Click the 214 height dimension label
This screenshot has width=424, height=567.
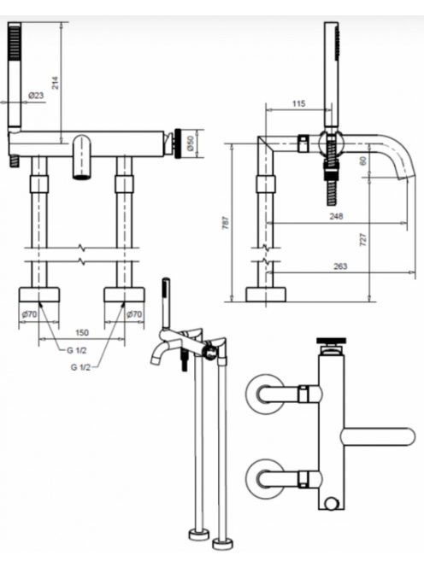(55, 83)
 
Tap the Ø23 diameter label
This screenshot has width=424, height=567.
(36, 96)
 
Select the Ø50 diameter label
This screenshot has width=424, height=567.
(191, 143)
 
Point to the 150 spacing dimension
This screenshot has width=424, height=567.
(81, 332)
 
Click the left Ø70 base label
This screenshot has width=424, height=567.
(29, 314)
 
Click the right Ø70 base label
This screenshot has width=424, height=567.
(134, 314)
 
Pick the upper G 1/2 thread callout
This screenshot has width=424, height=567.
(76, 350)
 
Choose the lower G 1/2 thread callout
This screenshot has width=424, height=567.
(80, 367)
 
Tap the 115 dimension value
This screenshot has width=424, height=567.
(298, 104)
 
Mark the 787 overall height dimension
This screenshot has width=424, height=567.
(225, 223)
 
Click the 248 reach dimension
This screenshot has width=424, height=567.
(336, 216)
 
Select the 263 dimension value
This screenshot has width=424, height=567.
(340, 266)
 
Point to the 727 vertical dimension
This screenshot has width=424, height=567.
(363, 240)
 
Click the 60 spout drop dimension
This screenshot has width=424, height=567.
(363, 160)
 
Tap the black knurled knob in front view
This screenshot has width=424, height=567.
(179, 143)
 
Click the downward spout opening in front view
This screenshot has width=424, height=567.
(82, 177)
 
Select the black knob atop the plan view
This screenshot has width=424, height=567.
(332, 340)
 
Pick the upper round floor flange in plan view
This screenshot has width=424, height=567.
(265, 393)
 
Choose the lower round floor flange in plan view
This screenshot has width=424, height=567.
(265, 479)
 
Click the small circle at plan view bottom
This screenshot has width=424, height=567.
(331, 503)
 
